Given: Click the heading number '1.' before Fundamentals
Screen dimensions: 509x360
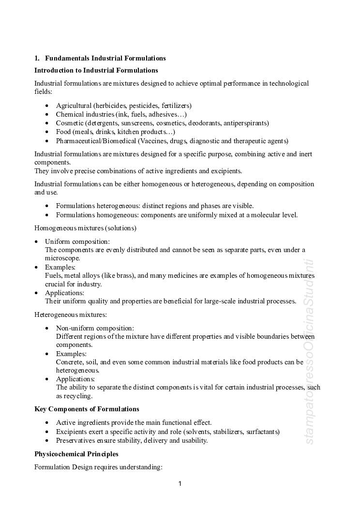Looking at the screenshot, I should tap(37, 59).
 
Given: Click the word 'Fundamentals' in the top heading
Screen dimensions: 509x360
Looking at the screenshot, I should tap(67, 59).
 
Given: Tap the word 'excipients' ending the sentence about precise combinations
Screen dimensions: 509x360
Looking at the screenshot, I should tap(226, 171).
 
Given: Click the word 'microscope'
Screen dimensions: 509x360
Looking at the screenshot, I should tap(61, 258).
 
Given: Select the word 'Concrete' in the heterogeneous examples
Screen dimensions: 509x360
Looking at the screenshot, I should tap(69, 362).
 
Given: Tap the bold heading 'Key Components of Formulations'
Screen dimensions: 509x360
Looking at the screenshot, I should tap(87, 409).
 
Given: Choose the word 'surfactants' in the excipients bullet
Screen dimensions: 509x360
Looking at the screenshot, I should tap(262, 432).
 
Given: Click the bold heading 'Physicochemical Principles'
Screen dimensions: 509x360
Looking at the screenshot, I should tap(76, 454).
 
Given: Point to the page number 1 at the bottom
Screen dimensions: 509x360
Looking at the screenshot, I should tap(180, 483).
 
